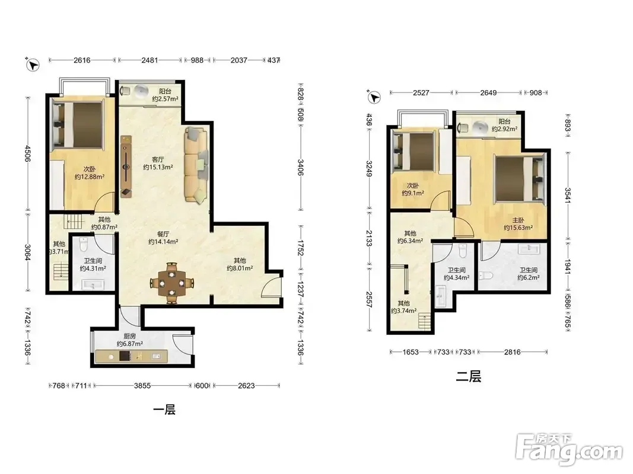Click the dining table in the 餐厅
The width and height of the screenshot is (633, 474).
point(171,283)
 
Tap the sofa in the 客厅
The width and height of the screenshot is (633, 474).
point(196,165)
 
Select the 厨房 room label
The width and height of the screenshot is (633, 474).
point(129,336)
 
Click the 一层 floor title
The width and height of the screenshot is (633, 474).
point(165,410)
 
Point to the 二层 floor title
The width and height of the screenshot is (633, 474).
point(468,376)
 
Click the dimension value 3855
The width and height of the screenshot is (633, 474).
point(142,386)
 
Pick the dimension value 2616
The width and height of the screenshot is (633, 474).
point(82,60)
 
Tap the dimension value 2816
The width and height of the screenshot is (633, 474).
point(513,352)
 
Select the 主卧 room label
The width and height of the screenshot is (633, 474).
point(519,220)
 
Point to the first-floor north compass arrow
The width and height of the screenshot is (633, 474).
point(33,65)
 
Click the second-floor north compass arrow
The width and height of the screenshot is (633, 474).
point(374,97)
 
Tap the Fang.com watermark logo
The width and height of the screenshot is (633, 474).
point(569,449)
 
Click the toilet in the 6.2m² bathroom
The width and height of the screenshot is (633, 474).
point(486,276)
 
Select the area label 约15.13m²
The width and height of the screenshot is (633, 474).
point(158,167)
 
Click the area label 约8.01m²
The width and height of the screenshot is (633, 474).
point(240,268)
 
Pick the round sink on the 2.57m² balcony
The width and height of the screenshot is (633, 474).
point(141,91)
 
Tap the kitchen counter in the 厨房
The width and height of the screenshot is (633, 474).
point(131,356)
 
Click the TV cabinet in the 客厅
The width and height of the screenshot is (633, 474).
point(126,166)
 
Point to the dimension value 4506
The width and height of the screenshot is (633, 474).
point(28,153)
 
